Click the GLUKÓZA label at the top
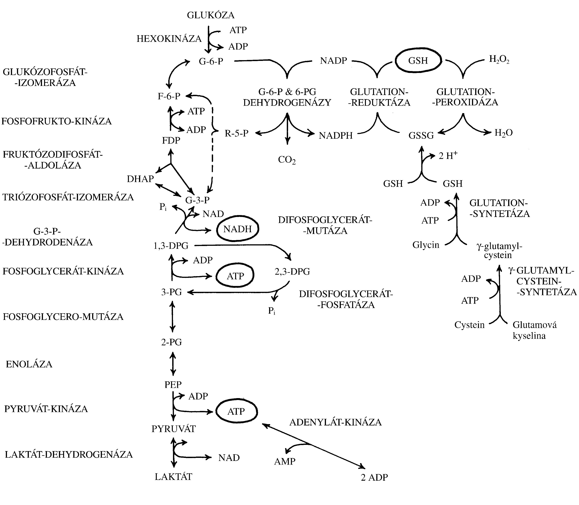coord(211,15)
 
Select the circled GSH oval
coord(418,61)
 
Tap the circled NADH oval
coord(237,229)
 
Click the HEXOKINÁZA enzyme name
coord(169,39)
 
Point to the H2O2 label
coord(499,59)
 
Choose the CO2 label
coord(287,160)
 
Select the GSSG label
coord(421,136)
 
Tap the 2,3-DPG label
coord(292,271)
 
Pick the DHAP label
coord(140,179)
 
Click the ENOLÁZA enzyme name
coord(29,364)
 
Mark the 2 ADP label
coord(374,477)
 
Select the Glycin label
coord(426,245)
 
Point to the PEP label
coord(173,384)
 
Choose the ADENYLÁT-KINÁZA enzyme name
coord(335,422)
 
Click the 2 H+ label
coord(448,156)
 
